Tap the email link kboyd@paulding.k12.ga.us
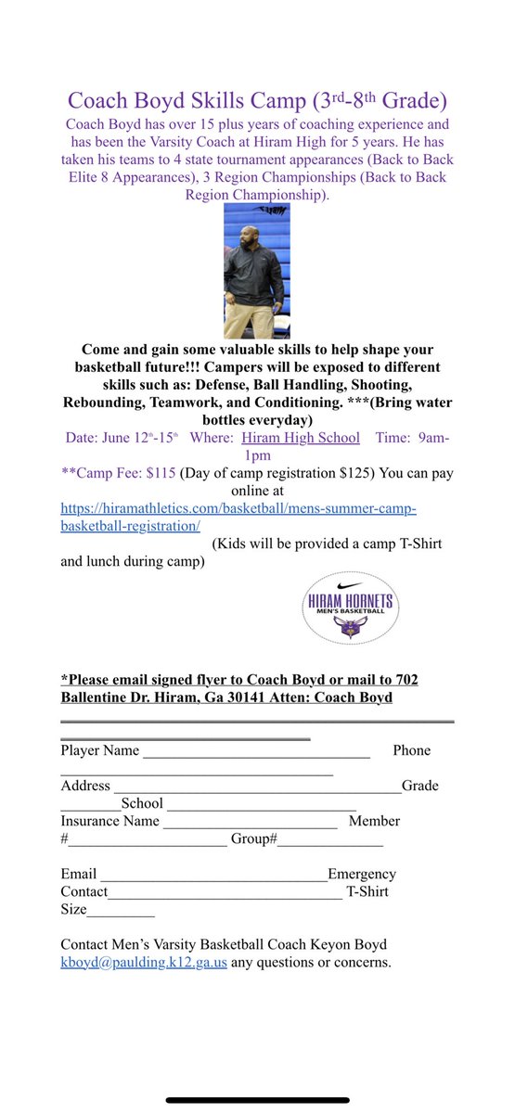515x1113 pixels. [x=144, y=962]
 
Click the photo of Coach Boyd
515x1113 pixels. [x=257, y=271]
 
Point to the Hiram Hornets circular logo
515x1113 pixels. [x=350, y=606]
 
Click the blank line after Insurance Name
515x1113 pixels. [x=250, y=822]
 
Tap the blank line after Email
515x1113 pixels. [x=213, y=875]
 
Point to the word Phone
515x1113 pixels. [x=411, y=750]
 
